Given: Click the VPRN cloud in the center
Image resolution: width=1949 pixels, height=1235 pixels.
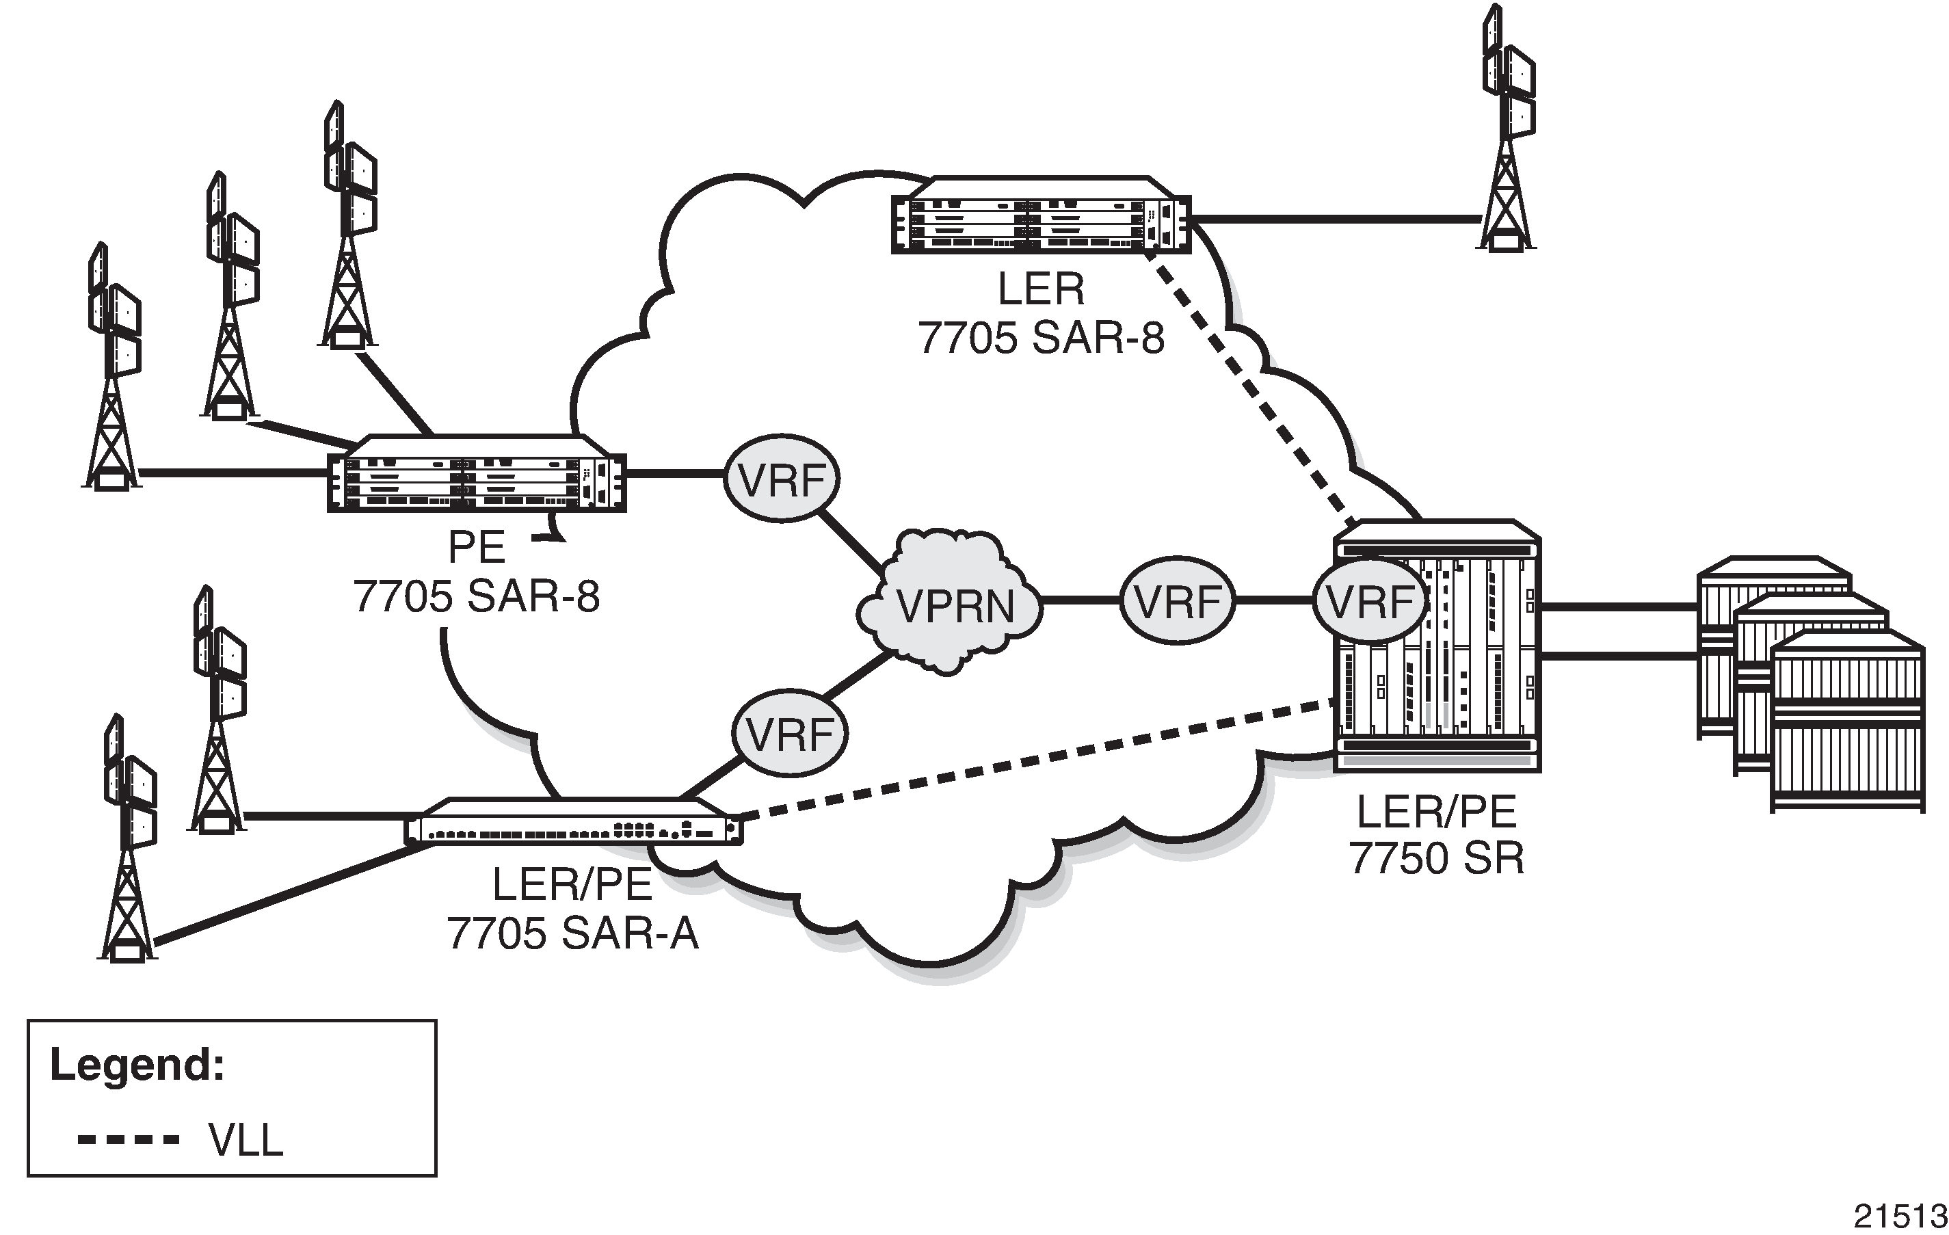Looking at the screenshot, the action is [x=949, y=603].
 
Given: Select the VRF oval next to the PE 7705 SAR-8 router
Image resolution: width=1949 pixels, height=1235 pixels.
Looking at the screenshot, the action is [x=781, y=479].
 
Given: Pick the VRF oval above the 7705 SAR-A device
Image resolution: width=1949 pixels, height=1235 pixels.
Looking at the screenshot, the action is [x=790, y=733].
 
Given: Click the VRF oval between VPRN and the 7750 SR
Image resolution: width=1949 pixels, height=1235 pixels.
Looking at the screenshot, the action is [x=1178, y=600].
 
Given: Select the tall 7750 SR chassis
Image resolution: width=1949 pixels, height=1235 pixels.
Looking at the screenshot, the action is [x=1437, y=645].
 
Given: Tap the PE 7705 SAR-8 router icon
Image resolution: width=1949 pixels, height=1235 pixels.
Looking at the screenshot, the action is [x=477, y=473].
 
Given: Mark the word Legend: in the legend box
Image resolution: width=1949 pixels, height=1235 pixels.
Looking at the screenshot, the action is [x=137, y=1065].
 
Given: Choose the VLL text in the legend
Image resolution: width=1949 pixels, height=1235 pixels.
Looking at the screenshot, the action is [x=246, y=1141].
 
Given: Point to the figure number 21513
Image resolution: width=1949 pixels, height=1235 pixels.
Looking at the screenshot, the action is [x=1900, y=1216].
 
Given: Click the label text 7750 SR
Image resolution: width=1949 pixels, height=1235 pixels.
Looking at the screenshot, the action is [x=1437, y=858].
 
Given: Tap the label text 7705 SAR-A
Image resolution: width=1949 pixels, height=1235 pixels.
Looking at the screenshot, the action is [x=572, y=933].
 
